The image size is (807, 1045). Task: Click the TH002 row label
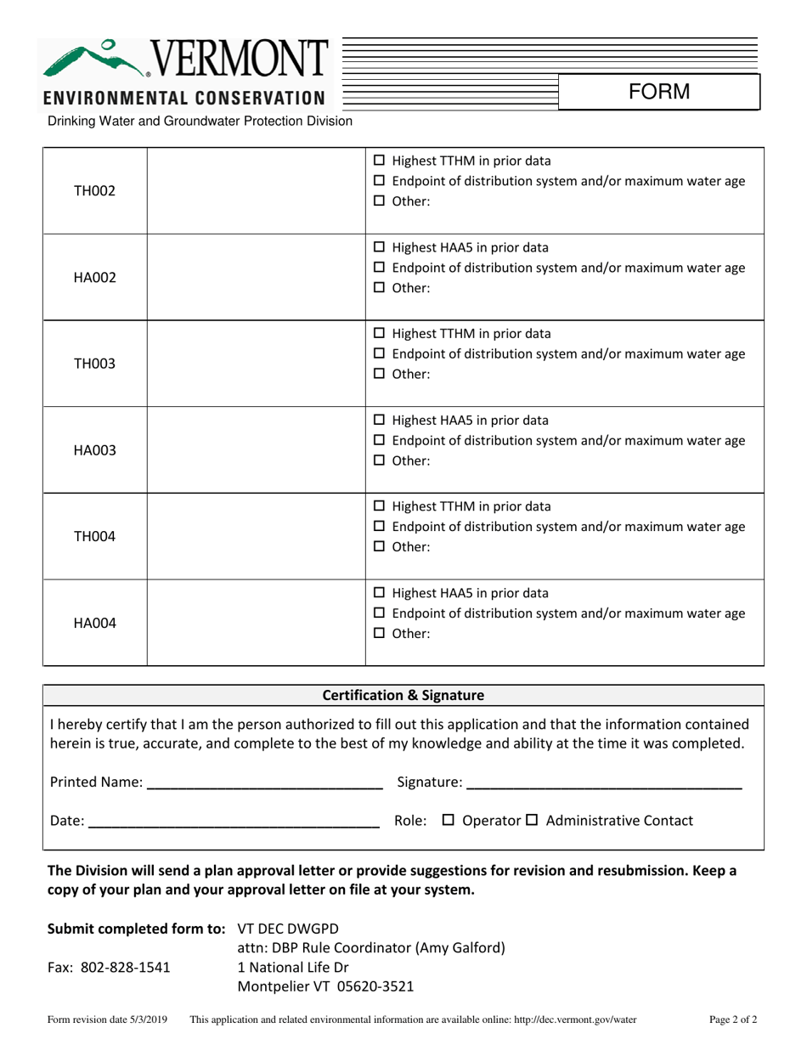coord(94,191)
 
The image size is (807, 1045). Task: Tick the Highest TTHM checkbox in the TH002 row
coord(380,161)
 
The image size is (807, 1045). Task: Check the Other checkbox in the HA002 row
coord(380,288)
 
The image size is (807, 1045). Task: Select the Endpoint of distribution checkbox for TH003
coord(380,353)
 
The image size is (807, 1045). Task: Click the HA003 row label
coord(94,450)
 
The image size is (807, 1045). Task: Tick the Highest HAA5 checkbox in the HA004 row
coord(380,593)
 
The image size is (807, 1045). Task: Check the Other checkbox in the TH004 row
coord(380,547)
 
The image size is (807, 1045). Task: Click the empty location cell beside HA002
coord(256,278)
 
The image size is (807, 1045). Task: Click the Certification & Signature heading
coord(403,695)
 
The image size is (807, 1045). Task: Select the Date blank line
coord(234,822)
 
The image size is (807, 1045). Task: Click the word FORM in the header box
coord(659,92)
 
